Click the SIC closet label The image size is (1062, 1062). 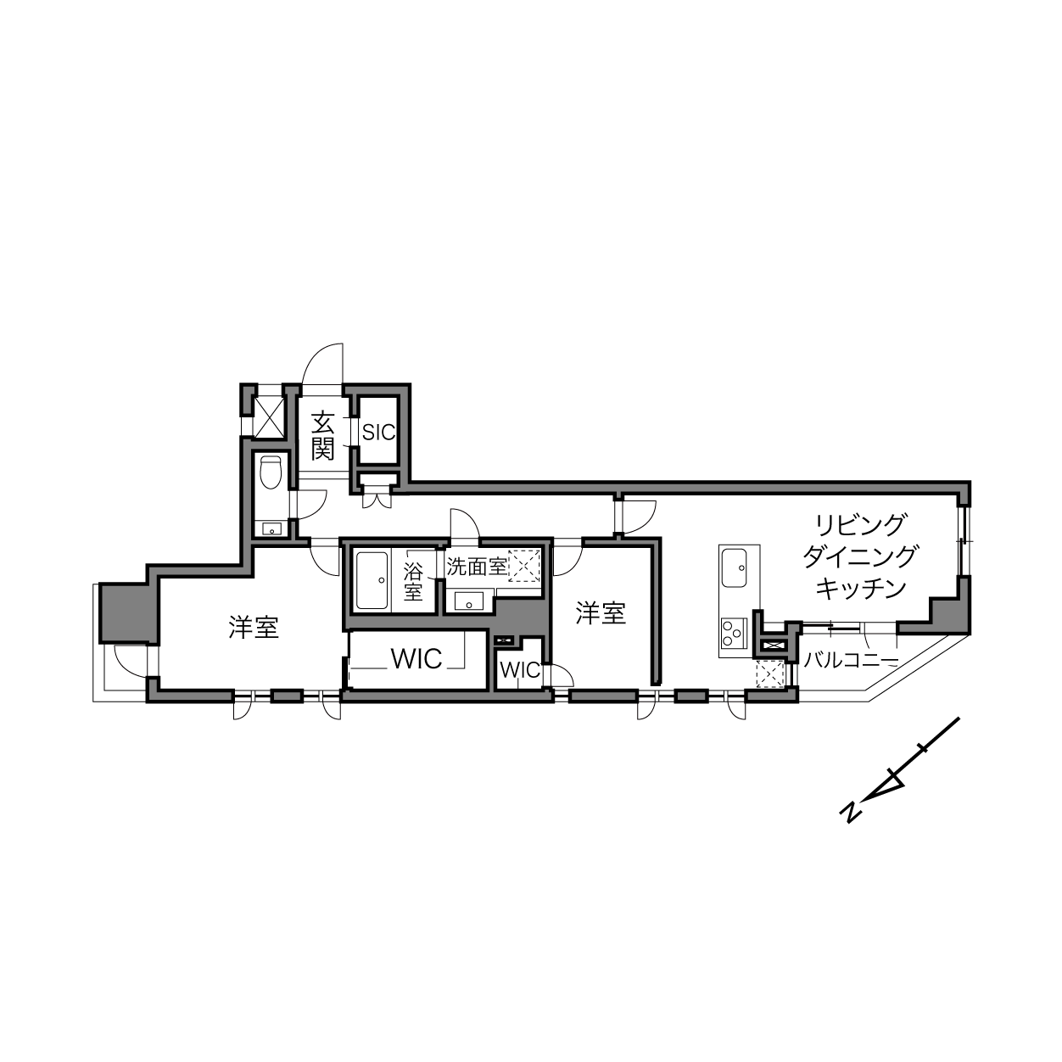pos(378,432)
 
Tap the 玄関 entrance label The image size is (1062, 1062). pos(322,436)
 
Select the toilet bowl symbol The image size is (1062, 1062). pos(271,472)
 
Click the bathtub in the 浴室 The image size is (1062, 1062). pos(372,580)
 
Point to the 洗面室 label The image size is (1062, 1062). pos(476,566)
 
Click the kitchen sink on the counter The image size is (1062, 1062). pos(734,568)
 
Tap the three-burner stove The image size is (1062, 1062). pos(734,633)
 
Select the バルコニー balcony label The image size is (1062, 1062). pos(851,660)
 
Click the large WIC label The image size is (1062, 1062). pos(416,658)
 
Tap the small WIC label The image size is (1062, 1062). pos(520,670)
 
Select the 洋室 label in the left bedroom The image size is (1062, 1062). pos(254,628)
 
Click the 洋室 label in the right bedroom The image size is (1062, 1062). pos(601,613)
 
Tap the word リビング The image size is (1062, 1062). pos(860,524)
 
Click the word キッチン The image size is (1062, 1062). pos(861,588)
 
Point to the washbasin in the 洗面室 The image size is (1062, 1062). pos(468,601)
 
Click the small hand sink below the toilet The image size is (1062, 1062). pos(271,529)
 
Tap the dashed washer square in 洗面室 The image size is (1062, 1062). pos(524,566)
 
